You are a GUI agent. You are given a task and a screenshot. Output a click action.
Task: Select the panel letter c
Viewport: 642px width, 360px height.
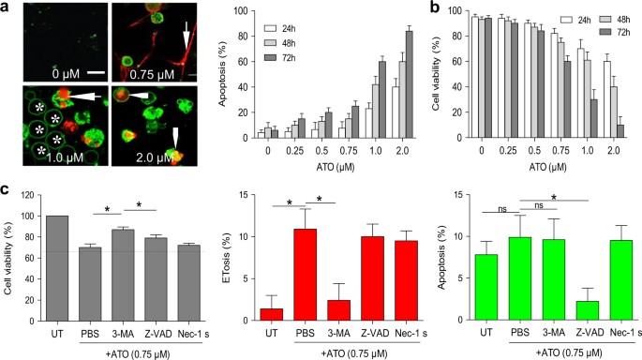[x=7, y=190]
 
